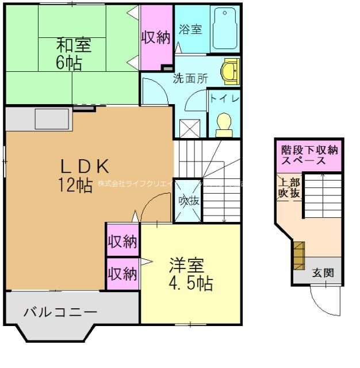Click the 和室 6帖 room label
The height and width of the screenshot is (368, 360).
tap(73, 53)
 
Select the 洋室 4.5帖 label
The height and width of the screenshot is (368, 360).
tap(190, 274)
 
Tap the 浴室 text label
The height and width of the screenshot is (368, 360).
tap(190, 29)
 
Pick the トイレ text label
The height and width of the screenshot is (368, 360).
tap(224, 98)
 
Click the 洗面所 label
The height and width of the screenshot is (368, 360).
tap(190, 79)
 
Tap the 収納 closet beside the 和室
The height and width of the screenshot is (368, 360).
tap(156, 37)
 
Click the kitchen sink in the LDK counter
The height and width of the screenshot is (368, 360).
tap(52, 120)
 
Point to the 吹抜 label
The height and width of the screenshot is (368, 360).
tap(187, 201)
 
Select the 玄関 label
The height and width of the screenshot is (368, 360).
tap(323, 273)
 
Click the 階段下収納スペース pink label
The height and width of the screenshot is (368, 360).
tap(309, 155)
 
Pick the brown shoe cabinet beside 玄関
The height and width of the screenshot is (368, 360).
tap(298, 255)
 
